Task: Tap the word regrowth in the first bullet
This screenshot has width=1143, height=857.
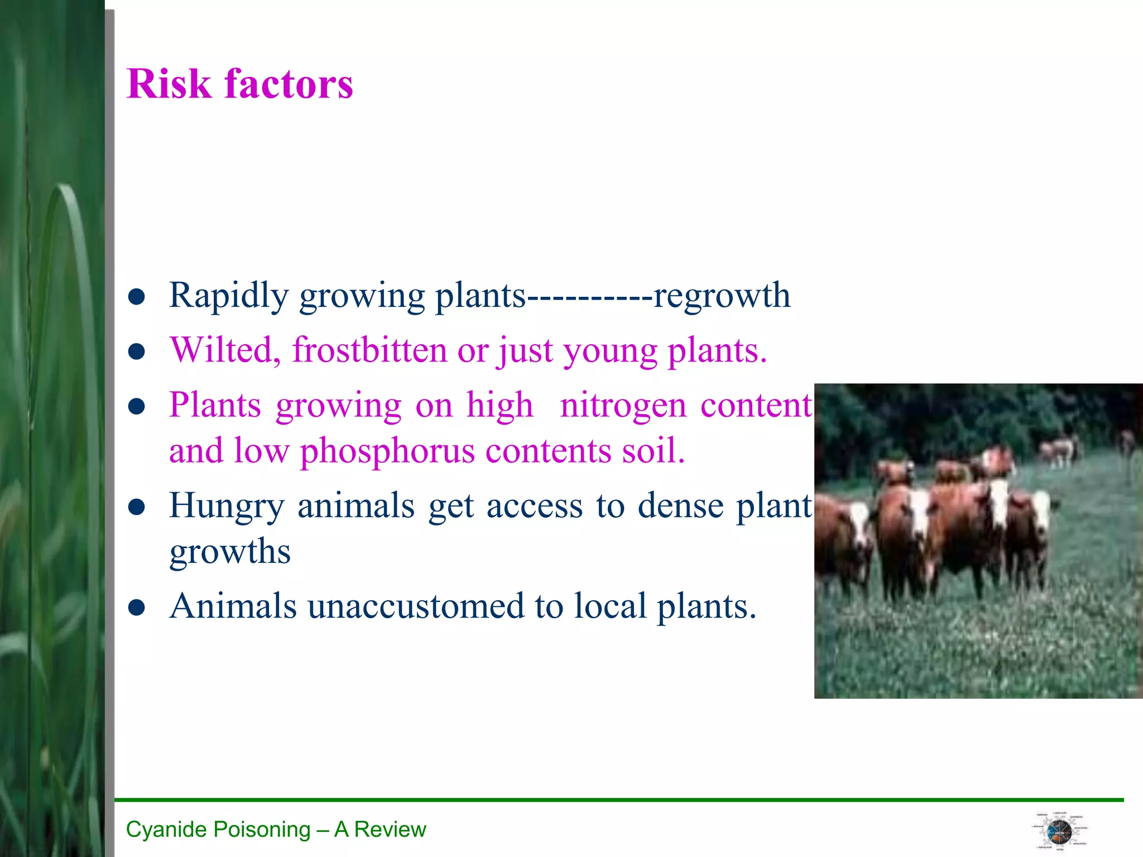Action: tap(722, 295)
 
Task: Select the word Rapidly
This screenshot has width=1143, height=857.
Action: tap(229, 296)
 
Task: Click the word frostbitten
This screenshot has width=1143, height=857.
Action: tap(369, 350)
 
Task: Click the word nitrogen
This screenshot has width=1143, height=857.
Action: tap(623, 406)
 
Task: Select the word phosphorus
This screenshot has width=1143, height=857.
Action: tap(387, 451)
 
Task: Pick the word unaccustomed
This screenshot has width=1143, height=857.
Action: tap(416, 606)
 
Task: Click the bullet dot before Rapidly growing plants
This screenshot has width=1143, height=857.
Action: tap(137, 297)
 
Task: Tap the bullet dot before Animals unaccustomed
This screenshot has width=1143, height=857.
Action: tap(137, 608)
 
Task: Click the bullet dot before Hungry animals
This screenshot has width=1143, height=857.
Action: tap(137, 507)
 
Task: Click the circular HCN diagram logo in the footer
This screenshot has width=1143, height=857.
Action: tap(1059, 832)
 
